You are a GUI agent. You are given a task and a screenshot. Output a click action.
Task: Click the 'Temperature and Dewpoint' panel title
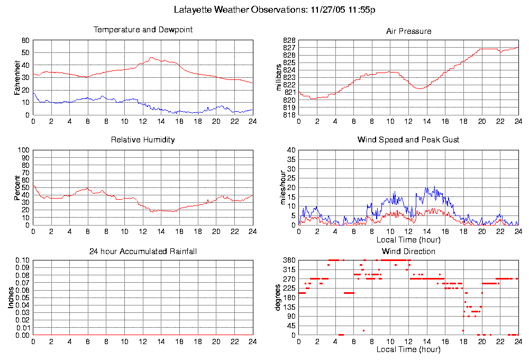(143, 30)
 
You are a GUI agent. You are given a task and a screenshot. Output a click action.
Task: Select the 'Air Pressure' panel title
(408, 31)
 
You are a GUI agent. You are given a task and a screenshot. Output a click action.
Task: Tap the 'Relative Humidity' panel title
(143, 140)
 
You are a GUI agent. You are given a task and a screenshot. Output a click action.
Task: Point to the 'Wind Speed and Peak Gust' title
(408, 140)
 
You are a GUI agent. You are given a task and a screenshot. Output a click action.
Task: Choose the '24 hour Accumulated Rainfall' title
(143, 251)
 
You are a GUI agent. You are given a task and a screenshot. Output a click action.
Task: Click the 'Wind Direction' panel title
(408, 251)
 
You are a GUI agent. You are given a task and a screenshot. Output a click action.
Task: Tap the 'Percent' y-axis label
(17, 187)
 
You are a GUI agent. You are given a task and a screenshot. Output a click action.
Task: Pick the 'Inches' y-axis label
(11, 298)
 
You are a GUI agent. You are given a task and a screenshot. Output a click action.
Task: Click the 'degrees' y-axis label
(279, 298)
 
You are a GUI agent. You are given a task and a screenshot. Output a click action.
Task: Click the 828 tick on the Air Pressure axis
(289, 40)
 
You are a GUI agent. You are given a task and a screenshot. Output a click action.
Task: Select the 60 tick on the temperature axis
(25, 40)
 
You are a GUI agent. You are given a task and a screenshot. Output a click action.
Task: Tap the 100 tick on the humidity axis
(24, 150)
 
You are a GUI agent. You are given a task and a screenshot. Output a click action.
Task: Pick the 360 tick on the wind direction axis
(289, 260)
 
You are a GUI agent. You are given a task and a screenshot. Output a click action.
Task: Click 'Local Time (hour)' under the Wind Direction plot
(408, 349)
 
